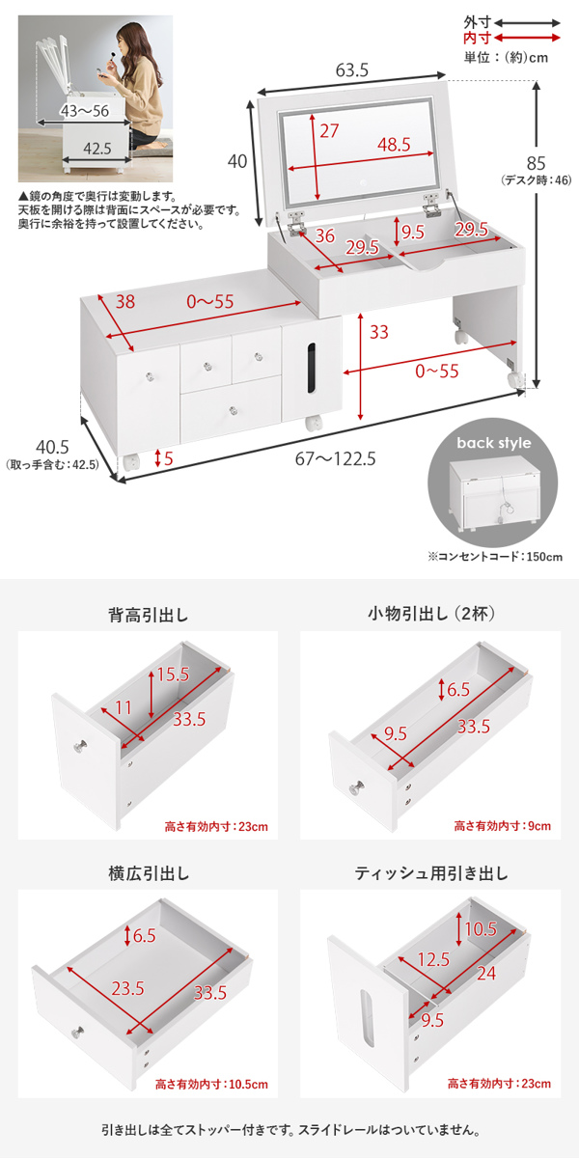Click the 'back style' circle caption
pyautogui.click(x=493, y=444)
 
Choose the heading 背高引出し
pyautogui.click(x=149, y=615)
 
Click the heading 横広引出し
pyautogui.click(x=149, y=874)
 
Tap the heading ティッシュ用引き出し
pyautogui.click(x=431, y=874)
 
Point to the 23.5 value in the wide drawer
pyautogui.click(x=126, y=988)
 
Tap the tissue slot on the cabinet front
pyautogui.click(x=310, y=369)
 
